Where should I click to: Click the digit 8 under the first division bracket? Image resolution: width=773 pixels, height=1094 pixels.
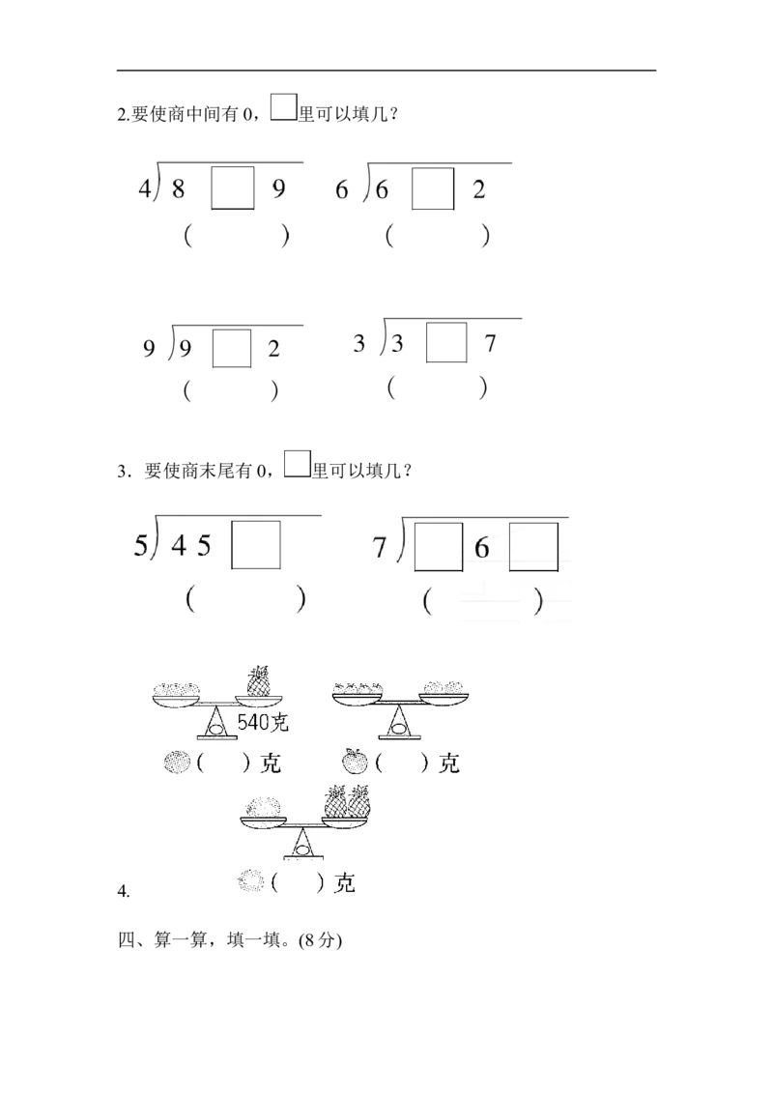click(x=178, y=189)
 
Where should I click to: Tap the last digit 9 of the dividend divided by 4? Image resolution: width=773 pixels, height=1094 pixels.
click(x=278, y=189)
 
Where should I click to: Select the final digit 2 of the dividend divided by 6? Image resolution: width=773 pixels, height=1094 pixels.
click(x=478, y=190)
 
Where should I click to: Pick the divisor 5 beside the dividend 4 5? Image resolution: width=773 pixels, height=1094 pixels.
click(x=141, y=547)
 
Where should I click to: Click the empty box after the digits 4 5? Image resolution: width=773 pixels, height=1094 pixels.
click(x=257, y=546)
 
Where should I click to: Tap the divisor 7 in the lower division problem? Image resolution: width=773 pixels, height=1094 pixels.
click(x=380, y=548)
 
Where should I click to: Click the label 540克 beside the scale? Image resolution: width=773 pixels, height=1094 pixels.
click(x=264, y=721)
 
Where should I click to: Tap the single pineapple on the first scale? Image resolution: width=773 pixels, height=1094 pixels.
click(x=259, y=680)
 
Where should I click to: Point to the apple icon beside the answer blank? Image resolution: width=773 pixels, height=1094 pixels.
click(x=356, y=763)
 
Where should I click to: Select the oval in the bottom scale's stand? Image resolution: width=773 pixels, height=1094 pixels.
click(x=302, y=849)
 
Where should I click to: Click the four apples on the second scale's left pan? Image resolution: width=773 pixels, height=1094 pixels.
click(x=358, y=688)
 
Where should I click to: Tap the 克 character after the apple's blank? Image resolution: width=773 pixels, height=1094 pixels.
click(x=448, y=763)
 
